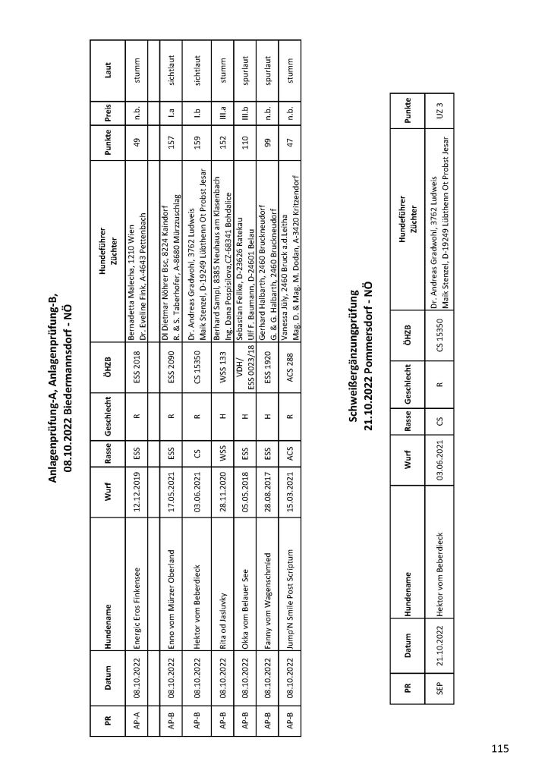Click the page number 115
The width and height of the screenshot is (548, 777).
[x=499, y=750]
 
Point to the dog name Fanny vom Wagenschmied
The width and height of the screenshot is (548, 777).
[x=268, y=603]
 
